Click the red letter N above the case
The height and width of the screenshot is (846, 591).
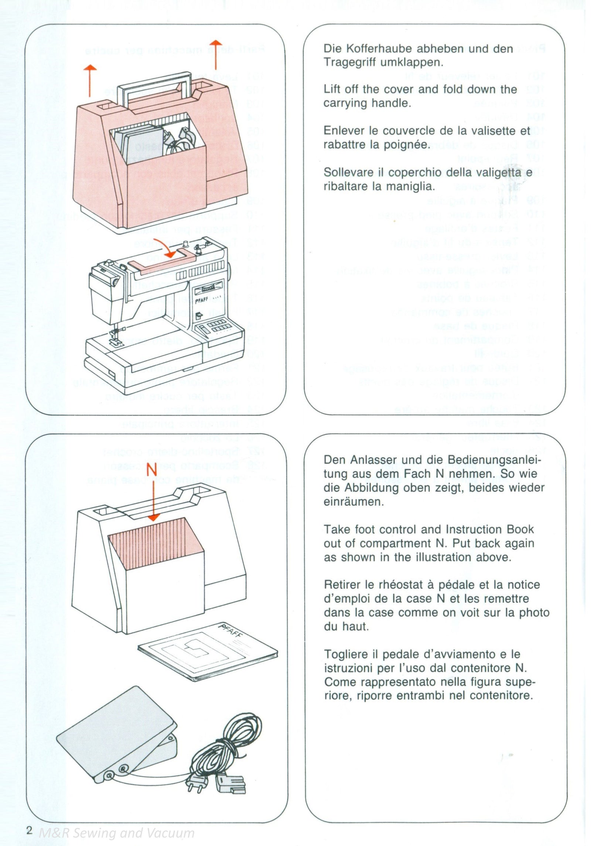coord(152,470)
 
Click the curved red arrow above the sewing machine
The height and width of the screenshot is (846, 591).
coord(166,248)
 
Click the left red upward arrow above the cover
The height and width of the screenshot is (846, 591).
coord(90,79)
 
